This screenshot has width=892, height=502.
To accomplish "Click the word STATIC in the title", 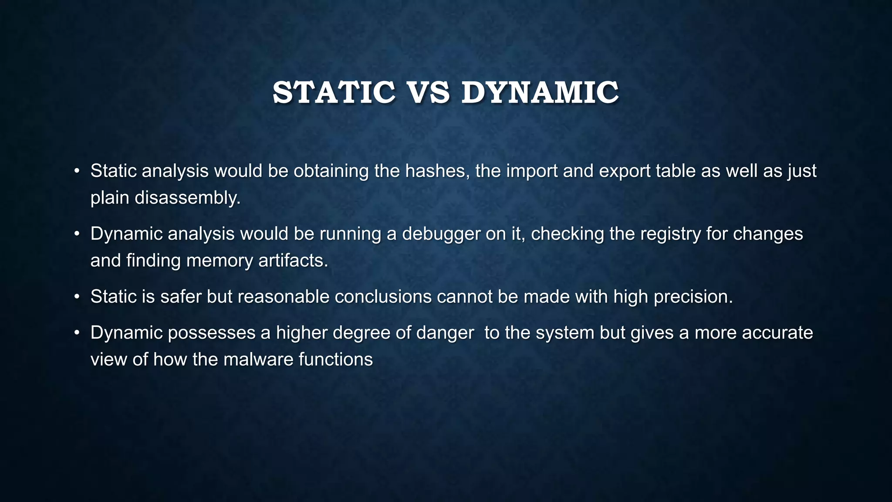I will coord(334,93).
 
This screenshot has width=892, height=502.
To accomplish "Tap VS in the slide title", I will coord(429,93).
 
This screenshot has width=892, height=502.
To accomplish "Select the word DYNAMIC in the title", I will coord(540,93).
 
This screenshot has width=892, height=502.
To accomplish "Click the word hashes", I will coord(437,171).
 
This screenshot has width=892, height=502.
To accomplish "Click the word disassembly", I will coord(187,198).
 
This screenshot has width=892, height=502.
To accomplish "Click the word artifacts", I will coord(293,261).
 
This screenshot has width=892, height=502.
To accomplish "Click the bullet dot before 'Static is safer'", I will coord(77,297).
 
